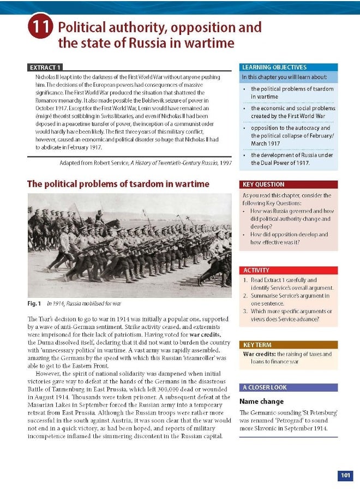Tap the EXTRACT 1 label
[x=44, y=67]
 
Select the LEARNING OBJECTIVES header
[x=274, y=67]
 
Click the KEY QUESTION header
[x=263, y=184]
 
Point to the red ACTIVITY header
[x=256, y=270]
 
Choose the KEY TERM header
[x=257, y=345]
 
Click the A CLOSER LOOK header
[x=265, y=387]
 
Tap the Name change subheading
[x=261, y=402]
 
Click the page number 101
[x=345, y=476]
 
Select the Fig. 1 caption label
[x=35, y=303]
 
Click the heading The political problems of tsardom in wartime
[x=118, y=184]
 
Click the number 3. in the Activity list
[x=246, y=311]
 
